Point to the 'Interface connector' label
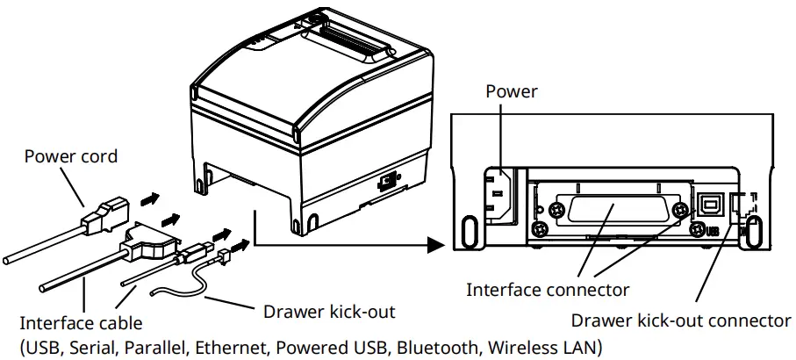point(548,289)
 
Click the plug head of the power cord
point(108,213)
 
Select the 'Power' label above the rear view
point(511,91)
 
